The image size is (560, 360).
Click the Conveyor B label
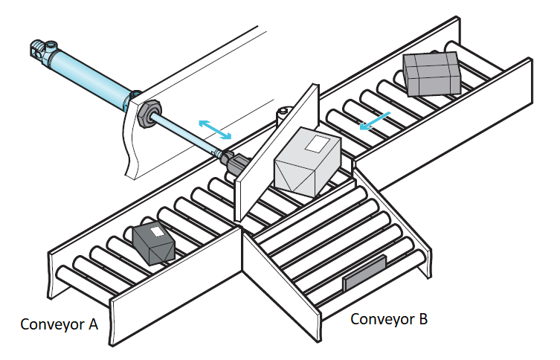(388, 319)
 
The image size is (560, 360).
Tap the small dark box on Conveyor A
(154, 243)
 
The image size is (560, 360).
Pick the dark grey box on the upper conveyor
(431, 74)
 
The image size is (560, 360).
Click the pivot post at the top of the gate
(283, 115)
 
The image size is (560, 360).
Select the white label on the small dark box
(157, 231)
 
